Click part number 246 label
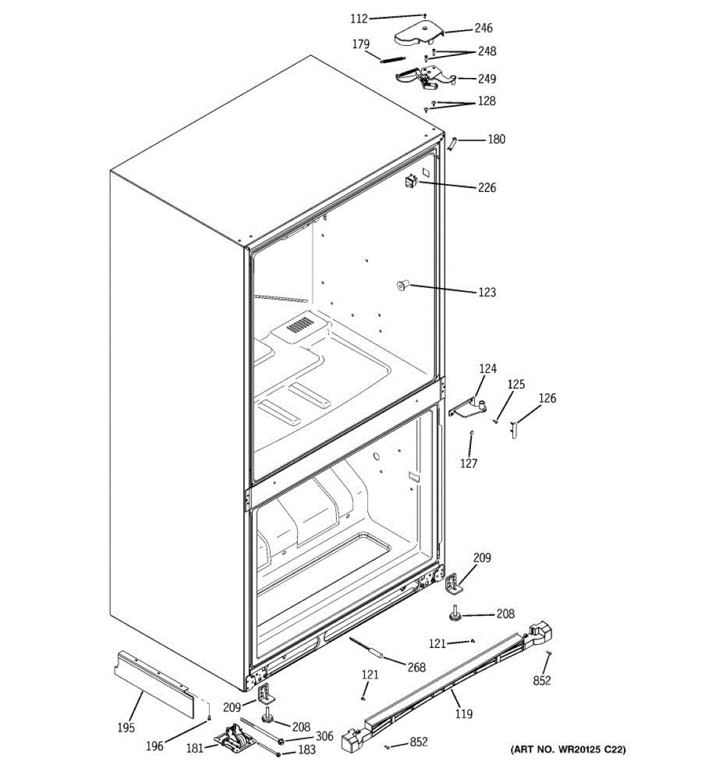point(483,28)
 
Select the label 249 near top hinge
point(487,79)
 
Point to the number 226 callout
point(487,188)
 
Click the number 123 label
point(487,292)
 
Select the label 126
point(547,398)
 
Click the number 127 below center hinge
point(469,463)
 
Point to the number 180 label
point(496,139)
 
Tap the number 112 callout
point(359,19)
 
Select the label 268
point(416,667)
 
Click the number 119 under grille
point(463,714)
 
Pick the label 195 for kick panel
point(126,728)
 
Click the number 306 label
point(324,736)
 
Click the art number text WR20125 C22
point(567,749)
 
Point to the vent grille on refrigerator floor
point(300,324)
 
